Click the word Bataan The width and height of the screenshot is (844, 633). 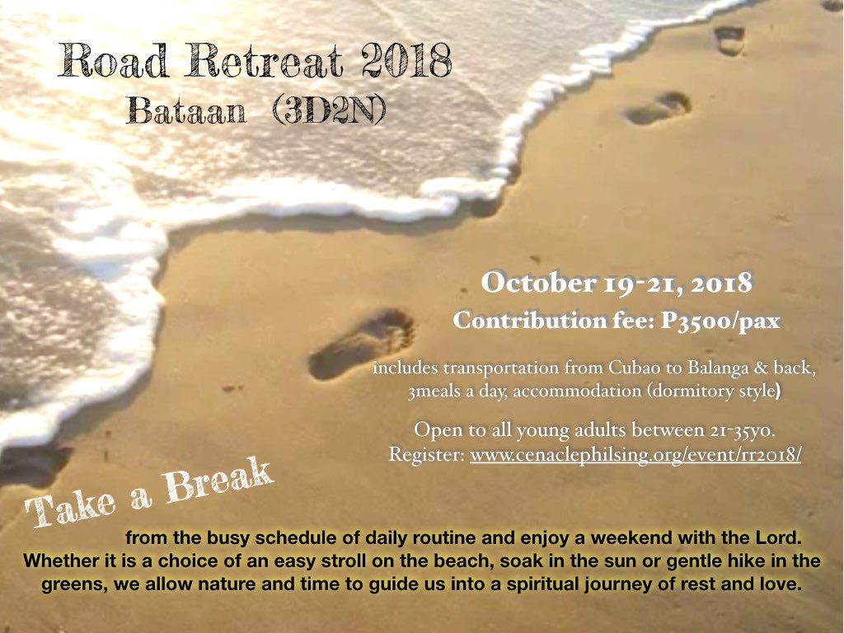(x=186, y=111)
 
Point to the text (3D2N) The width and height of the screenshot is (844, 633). (x=329, y=111)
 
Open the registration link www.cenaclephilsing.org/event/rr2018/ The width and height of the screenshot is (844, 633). (x=635, y=455)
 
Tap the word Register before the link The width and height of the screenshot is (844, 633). (x=427, y=455)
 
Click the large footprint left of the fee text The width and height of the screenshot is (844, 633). (x=362, y=343)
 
